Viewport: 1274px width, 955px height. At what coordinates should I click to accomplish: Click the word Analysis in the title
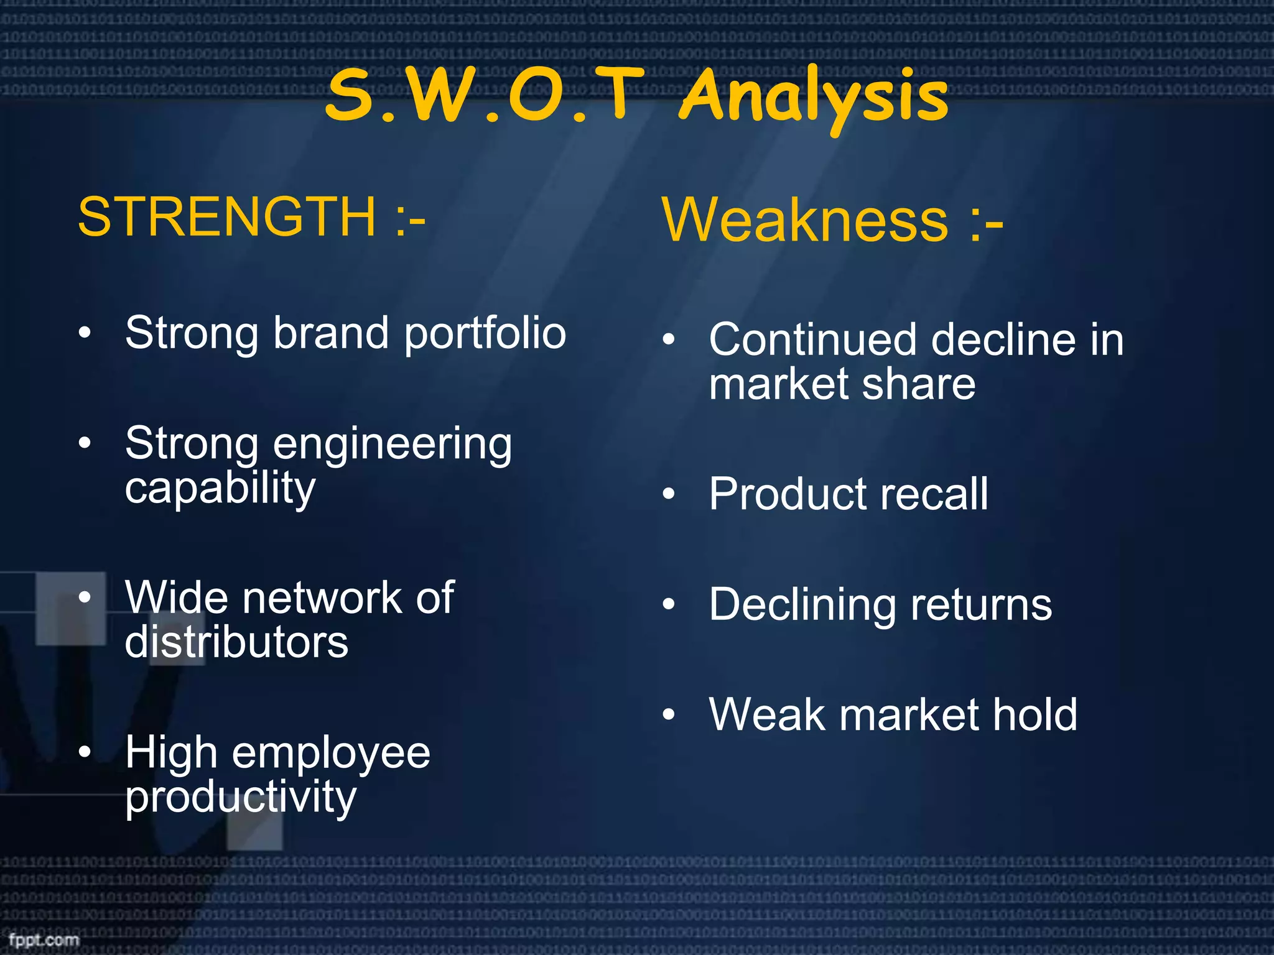pos(814,97)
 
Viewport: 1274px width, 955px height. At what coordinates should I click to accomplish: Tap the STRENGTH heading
pos(226,216)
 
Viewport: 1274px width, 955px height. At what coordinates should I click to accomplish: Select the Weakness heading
pos(805,220)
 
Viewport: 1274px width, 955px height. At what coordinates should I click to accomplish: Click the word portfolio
pos(485,334)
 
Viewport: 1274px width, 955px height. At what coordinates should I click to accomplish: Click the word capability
pos(220,489)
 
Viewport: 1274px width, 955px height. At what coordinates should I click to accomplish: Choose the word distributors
pos(236,642)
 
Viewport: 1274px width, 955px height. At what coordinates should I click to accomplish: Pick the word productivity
pos(241,798)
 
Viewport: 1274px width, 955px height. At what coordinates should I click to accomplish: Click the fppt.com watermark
pos(44,939)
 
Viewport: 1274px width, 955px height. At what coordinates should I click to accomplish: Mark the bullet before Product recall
pos(669,494)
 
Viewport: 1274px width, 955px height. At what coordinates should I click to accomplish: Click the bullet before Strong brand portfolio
pos(85,333)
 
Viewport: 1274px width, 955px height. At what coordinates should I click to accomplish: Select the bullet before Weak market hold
pos(669,714)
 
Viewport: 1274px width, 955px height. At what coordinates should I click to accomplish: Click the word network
pos(322,598)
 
